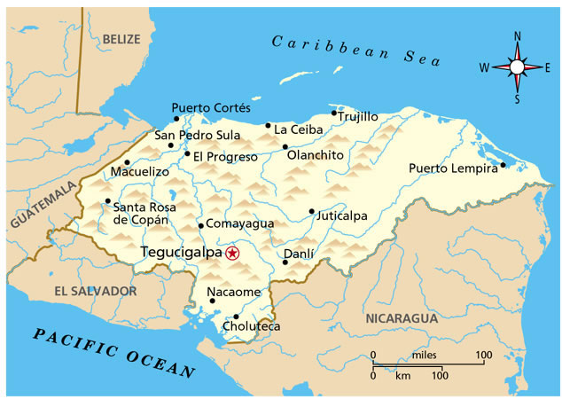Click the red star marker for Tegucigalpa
pos(232,253)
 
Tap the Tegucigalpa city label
pos(182,253)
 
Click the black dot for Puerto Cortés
pos(176,118)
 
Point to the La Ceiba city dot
pos(268,125)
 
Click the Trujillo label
pos(358,117)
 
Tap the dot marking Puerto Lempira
pos(503,164)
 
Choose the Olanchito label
pos(316,155)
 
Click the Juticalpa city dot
pos(311,211)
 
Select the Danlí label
pos(298,254)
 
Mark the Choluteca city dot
pos(236,317)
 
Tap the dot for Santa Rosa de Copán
pos(107,201)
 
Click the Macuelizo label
pos(139,171)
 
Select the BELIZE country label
pos(121,39)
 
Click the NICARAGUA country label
pos(402,317)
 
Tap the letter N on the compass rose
pos(517,35)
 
